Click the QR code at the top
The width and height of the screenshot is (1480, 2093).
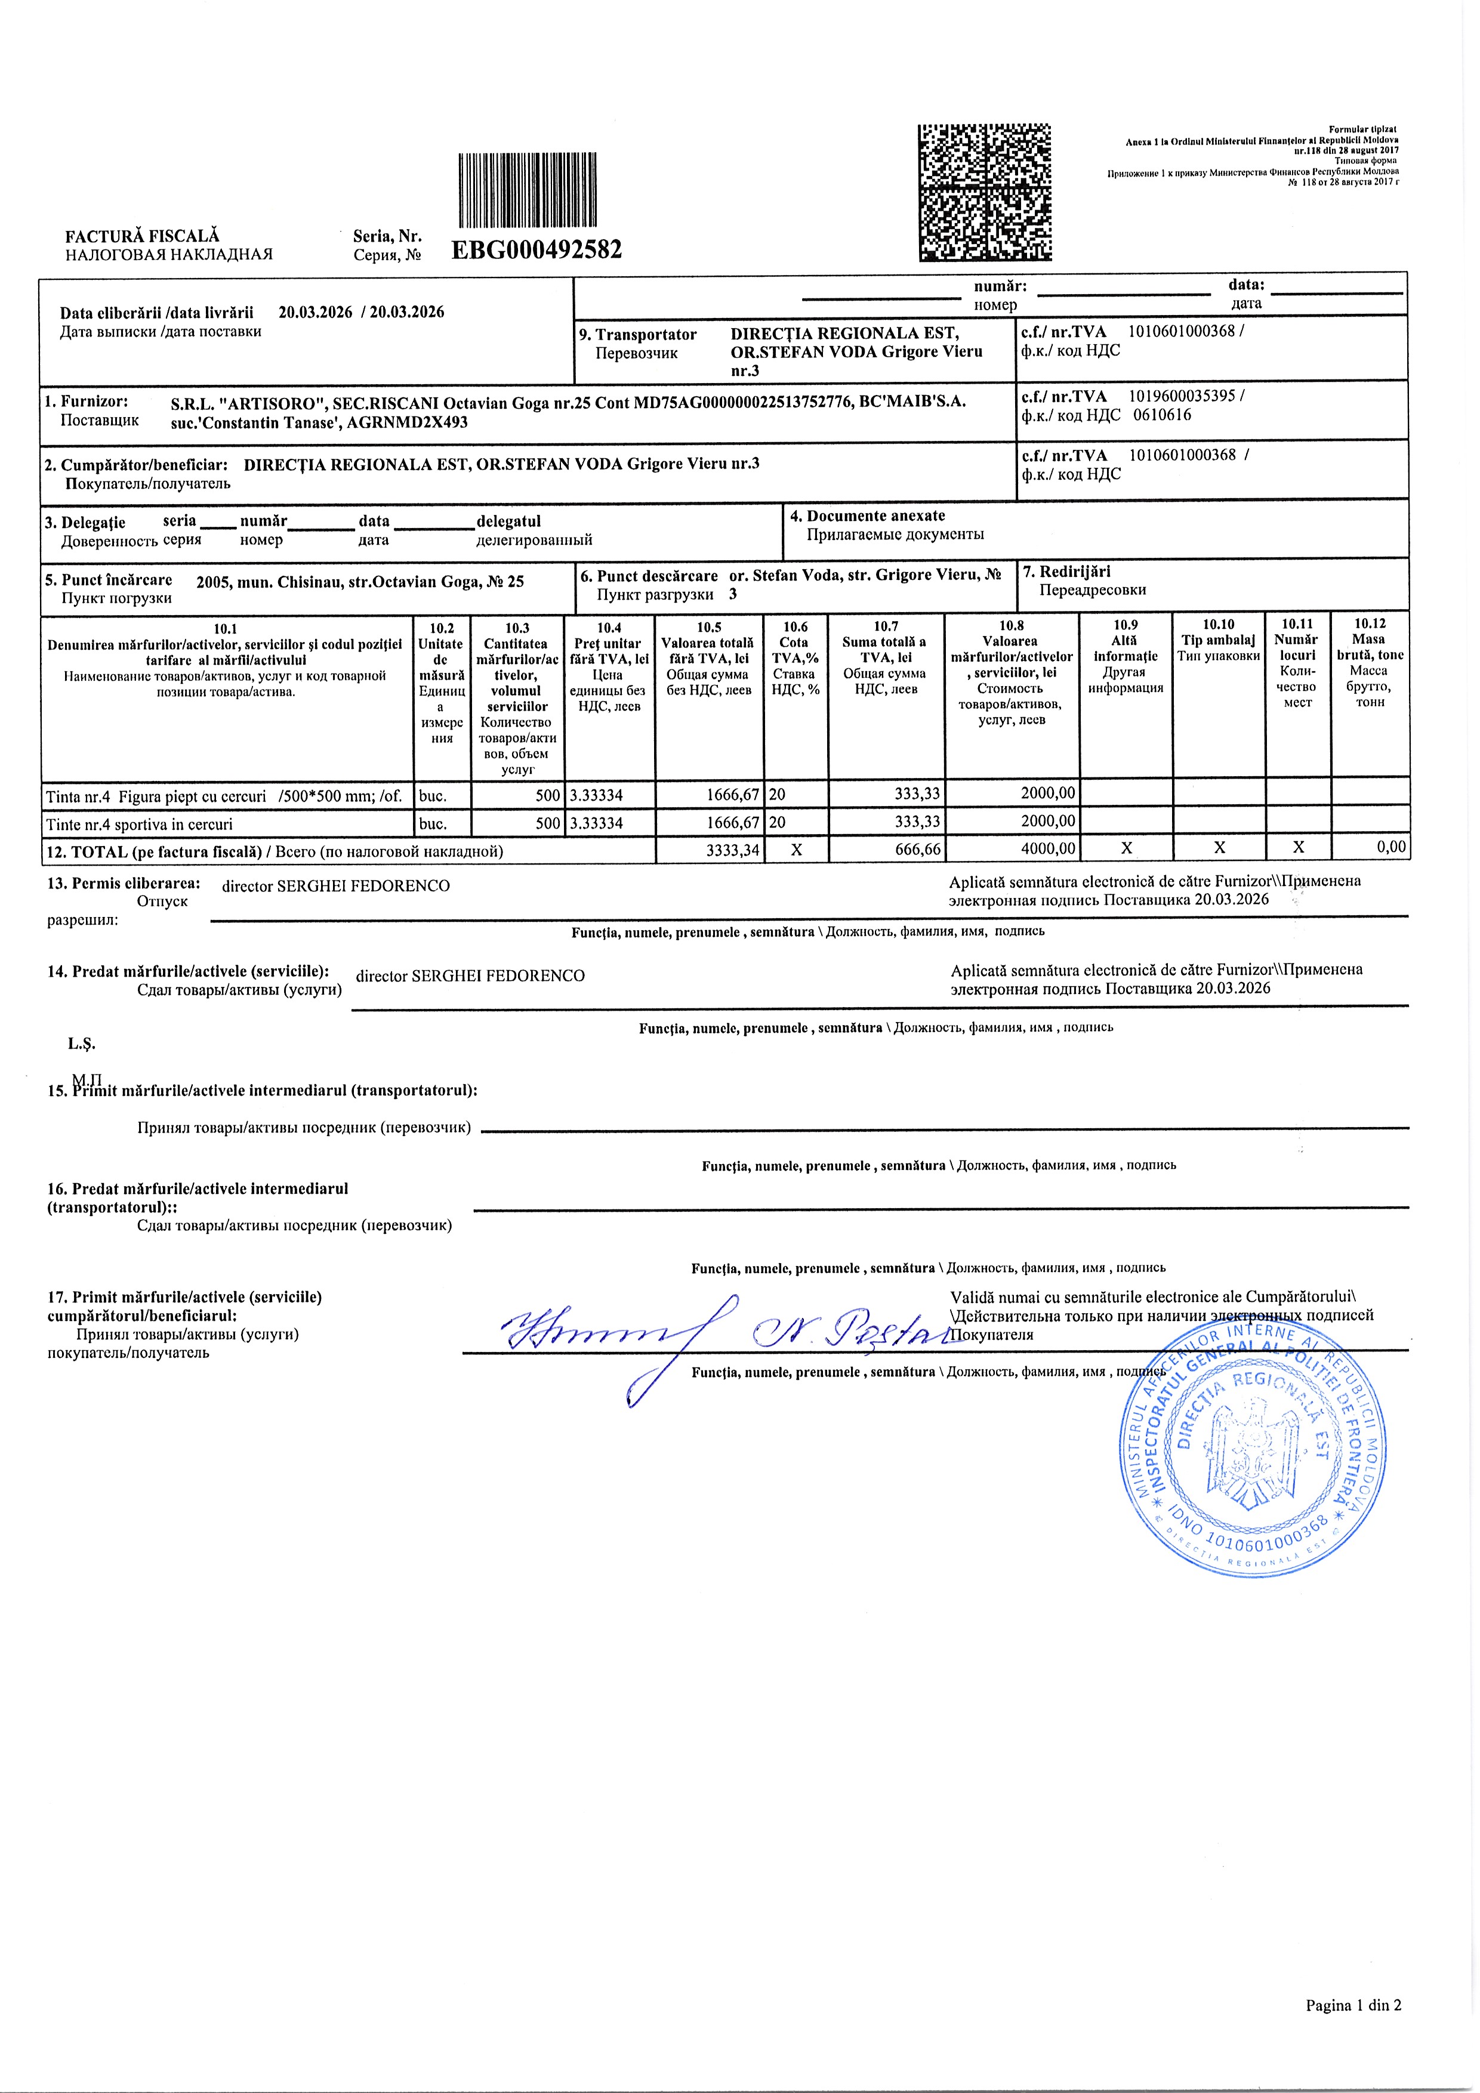984,192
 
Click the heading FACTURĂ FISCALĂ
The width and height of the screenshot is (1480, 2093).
142,236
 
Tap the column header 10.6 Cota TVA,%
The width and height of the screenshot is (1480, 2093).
795,657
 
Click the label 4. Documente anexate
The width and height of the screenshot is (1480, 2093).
867,516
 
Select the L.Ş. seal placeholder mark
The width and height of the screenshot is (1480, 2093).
81,1044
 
